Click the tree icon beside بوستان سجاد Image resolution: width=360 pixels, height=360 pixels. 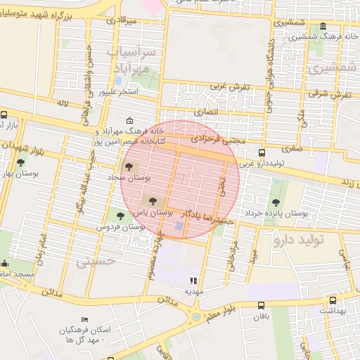coord(129,167)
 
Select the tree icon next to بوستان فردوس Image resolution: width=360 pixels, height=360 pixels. coord(120,215)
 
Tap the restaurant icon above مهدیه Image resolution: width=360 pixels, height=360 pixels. coord(193,281)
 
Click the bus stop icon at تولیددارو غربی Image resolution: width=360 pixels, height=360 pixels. coord(262,153)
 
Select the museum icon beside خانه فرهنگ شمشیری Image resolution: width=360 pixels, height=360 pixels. coord(323,27)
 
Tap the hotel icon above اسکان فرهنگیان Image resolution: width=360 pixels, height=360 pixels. coord(85,321)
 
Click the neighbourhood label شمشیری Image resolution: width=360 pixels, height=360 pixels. coord(326,68)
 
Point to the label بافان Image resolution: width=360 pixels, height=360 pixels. coord(262,317)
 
